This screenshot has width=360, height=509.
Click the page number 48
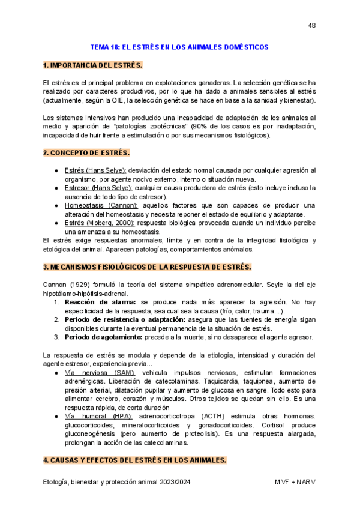pos(311,25)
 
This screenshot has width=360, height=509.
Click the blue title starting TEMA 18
pos(179,47)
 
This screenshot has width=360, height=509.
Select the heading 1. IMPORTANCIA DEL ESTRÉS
pos(92,64)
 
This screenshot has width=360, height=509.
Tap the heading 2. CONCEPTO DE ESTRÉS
pos(86,152)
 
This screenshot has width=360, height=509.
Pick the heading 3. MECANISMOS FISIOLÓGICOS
pos(147,267)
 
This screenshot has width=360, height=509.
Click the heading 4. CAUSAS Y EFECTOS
pos(134,460)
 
